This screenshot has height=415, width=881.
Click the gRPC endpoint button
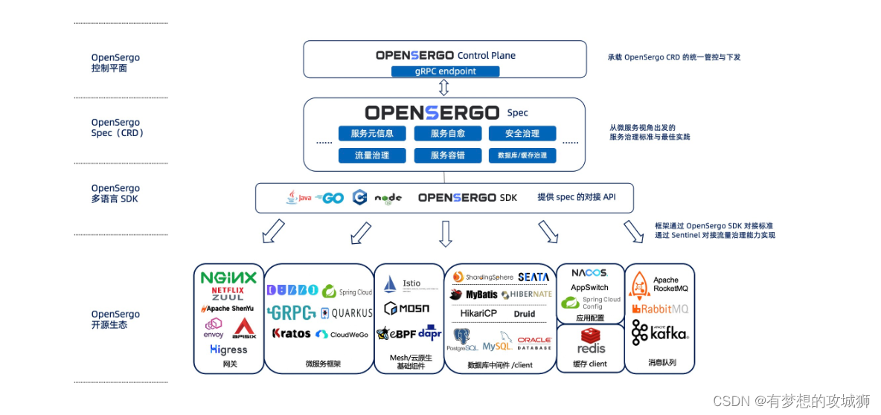click(x=446, y=71)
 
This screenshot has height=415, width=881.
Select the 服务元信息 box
click(x=372, y=134)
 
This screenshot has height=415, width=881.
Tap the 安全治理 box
click(x=522, y=134)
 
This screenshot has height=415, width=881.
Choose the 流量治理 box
click(x=372, y=155)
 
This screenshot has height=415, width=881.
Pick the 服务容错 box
click(x=448, y=155)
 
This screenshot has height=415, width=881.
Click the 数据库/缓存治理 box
click(x=522, y=155)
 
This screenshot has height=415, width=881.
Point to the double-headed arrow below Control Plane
click(x=444, y=89)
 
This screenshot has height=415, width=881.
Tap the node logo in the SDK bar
click(x=388, y=198)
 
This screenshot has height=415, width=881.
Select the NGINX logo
click(x=228, y=277)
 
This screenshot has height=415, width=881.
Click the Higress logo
click(x=228, y=349)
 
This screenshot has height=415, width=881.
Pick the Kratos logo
click(x=291, y=334)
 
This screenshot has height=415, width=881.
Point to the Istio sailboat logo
click(x=391, y=284)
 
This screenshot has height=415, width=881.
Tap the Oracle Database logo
click(x=534, y=343)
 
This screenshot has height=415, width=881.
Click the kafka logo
click(x=659, y=333)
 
